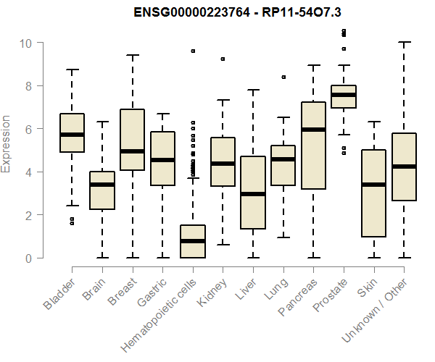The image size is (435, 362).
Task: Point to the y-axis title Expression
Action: tap(7, 143)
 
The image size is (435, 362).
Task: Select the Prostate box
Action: tap(344, 97)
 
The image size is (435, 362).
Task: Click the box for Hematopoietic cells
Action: tap(193, 242)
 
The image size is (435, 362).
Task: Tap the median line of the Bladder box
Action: tap(72, 135)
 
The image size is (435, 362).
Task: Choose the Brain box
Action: tap(102, 190)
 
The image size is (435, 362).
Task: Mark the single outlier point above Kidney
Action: tap(223, 59)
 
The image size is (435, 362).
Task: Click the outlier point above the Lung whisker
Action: tap(283, 76)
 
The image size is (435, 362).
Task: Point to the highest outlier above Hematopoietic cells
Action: tap(193, 51)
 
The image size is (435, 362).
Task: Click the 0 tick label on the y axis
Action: tap(28, 258)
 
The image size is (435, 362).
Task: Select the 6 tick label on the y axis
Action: tap(28, 129)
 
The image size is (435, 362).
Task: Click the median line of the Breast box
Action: tap(133, 151)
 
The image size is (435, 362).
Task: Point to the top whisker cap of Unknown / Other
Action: tap(405, 43)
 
